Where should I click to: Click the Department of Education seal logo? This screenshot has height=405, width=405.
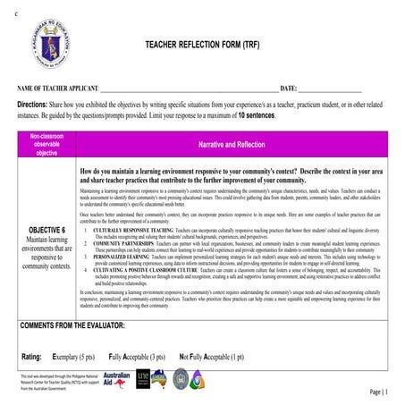point(38,40)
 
